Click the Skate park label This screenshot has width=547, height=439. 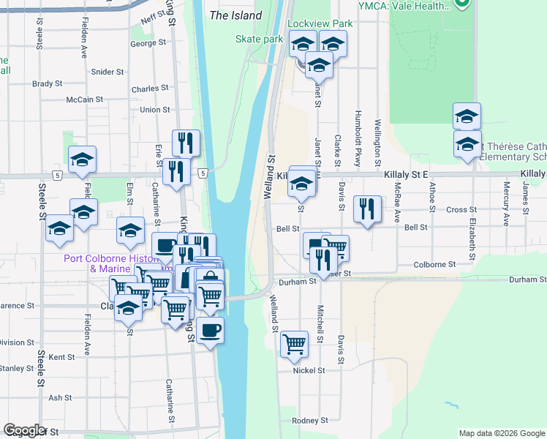259,39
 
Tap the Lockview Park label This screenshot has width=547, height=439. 320,23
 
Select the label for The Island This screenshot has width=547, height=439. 235,15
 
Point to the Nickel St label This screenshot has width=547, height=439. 309,371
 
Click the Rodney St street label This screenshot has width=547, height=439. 310,421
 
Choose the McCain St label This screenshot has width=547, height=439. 84,100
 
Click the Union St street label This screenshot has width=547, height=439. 154,110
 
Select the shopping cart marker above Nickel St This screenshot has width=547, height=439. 294,342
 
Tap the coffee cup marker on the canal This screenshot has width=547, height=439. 211,330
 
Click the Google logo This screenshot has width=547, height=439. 25,431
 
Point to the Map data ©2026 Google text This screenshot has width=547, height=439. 501,433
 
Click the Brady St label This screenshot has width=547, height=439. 48,84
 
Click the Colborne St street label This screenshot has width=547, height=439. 434,265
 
